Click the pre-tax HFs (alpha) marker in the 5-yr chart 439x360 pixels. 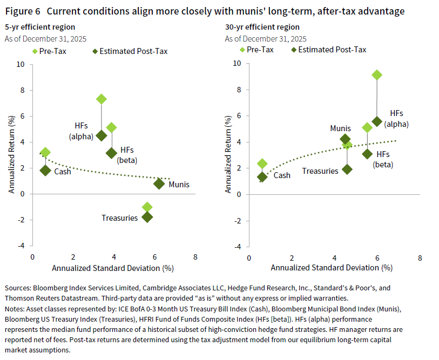[x=101, y=99]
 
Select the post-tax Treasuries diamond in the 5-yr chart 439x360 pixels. [x=147, y=217]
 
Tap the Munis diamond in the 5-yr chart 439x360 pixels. [x=159, y=184]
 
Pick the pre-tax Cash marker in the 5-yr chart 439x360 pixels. [x=45, y=153]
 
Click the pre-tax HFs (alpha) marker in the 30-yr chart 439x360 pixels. [x=377, y=75]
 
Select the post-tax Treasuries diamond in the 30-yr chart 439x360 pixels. [x=347, y=169]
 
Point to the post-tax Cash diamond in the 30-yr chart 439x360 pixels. [x=262, y=176]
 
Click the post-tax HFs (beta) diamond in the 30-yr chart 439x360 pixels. [x=367, y=154]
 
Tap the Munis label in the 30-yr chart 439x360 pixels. [x=341, y=128]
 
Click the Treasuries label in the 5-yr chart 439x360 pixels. [x=119, y=218]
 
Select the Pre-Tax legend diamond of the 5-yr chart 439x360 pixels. [x=35, y=51]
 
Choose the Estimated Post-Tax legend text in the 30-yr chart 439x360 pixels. [x=332, y=50]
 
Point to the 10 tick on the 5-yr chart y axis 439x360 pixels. [x=22, y=64]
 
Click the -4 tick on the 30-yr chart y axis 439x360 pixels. [x=237, y=247]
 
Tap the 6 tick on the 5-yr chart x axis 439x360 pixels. [x=154, y=257]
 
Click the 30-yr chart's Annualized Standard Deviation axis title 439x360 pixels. [x=331, y=268]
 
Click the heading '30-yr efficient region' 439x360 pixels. [x=262, y=27]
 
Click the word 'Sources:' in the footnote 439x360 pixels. [x=19, y=289]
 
